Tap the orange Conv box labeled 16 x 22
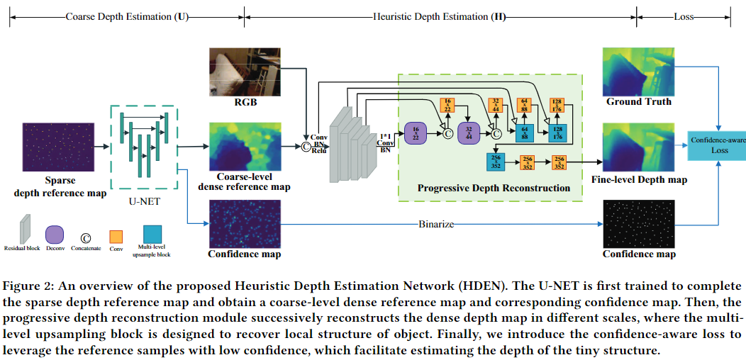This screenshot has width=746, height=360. coord(447,105)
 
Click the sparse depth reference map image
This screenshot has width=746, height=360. coord(60,147)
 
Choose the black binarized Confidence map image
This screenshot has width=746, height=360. coord(638,222)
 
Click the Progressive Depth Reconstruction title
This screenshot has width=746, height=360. coord(494,188)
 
